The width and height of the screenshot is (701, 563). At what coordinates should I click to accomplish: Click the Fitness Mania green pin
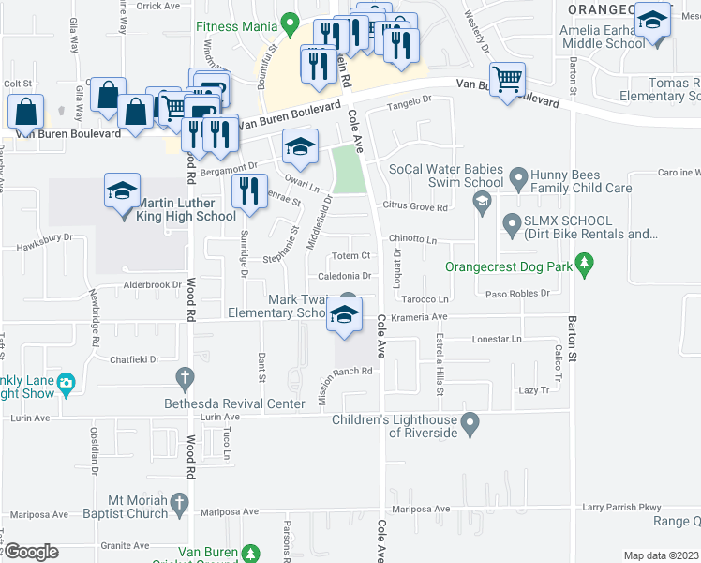tap(290, 22)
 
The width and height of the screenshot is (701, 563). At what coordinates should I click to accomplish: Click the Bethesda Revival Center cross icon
tap(185, 378)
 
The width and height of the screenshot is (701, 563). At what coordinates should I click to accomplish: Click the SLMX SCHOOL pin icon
tap(512, 223)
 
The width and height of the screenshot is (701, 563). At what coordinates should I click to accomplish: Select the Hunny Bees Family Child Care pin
tap(516, 177)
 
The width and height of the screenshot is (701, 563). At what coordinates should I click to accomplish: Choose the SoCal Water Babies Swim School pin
tap(482, 199)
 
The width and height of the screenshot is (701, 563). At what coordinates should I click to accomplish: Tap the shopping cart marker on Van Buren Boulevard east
tap(507, 81)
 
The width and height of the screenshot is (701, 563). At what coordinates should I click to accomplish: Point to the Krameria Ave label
tap(426, 317)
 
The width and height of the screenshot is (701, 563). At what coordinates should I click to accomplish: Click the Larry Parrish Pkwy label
tap(621, 508)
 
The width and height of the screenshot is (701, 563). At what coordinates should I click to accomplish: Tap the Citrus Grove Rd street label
tap(415, 206)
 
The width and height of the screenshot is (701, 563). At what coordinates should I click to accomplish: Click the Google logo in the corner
tap(30, 552)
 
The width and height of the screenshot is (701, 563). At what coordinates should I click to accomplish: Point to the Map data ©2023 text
tap(660, 555)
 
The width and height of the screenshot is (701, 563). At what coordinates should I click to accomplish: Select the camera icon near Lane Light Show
tap(66, 383)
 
